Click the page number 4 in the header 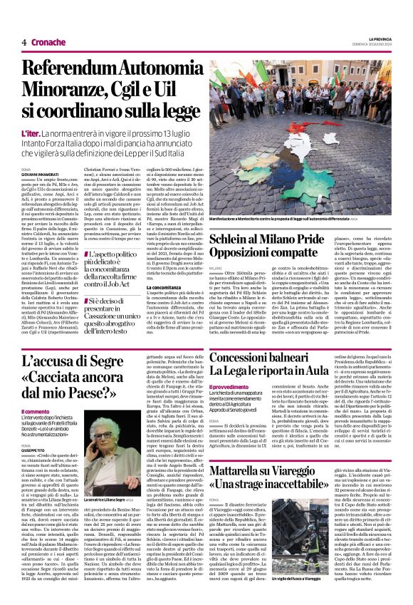coord(24,42)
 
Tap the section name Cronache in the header coord(48,42)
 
